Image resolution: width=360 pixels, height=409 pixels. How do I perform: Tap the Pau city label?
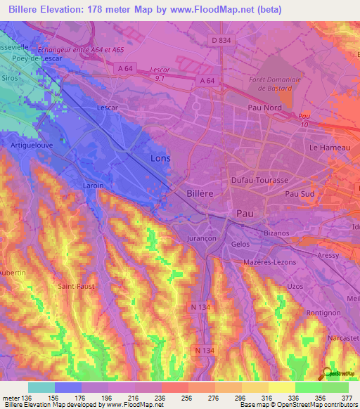[244, 212]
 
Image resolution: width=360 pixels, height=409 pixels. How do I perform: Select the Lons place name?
[160, 159]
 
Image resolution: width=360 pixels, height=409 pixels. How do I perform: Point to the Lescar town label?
[107, 108]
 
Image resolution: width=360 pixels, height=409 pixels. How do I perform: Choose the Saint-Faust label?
[75, 287]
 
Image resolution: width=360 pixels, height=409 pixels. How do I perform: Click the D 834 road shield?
[221, 41]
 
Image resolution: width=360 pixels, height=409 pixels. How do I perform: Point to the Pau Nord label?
[264, 108]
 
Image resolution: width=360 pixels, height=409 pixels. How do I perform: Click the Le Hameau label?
[324, 148]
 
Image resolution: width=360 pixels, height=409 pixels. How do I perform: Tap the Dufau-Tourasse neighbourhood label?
[260, 181]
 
